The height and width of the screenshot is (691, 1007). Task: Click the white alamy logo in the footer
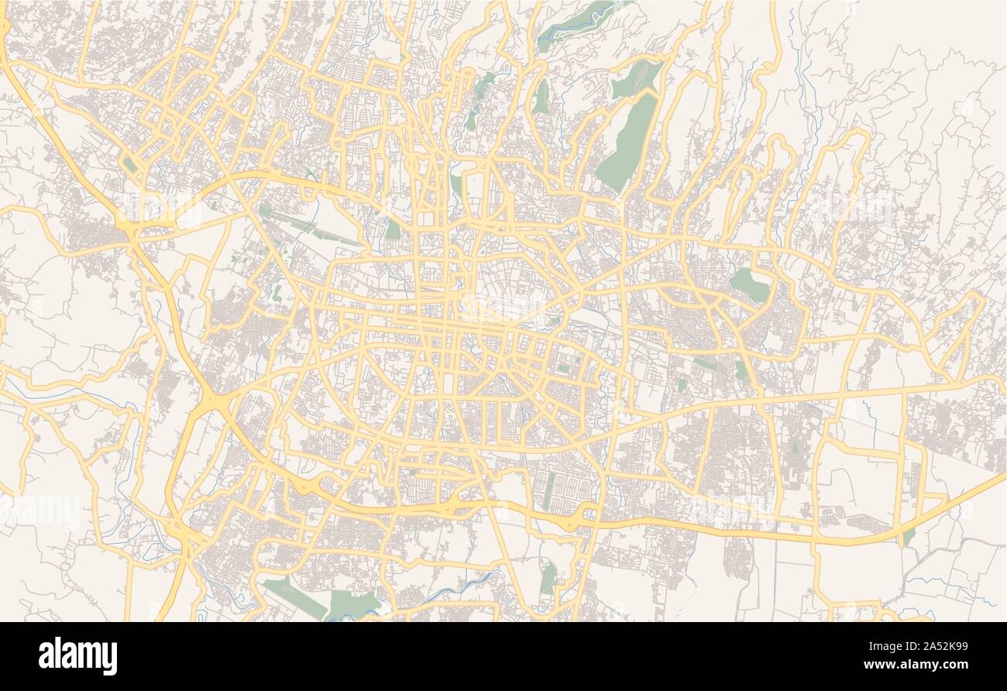(x=77, y=655)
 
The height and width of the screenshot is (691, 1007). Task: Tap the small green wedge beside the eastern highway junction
(x=909, y=535)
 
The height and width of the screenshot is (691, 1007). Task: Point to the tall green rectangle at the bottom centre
(x=548, y=578)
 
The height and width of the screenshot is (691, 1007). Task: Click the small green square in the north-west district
(x=129, y=164)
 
